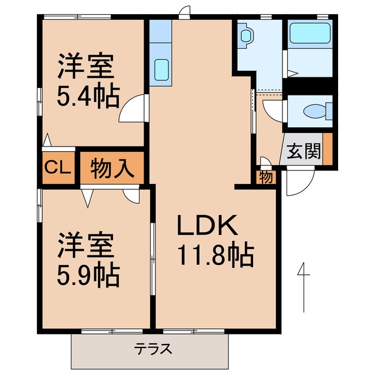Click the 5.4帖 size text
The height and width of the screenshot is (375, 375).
tap(88, 94)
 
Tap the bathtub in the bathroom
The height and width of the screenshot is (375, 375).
tap(308, 36)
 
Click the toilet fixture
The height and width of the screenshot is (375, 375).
tap(316, 111)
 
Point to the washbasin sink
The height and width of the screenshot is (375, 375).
tap(245, 36)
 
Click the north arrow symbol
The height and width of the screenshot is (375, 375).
tap(303, 287)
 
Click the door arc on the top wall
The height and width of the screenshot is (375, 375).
tap(185, 12)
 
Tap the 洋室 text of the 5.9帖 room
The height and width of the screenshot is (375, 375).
tap(85, 246)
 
